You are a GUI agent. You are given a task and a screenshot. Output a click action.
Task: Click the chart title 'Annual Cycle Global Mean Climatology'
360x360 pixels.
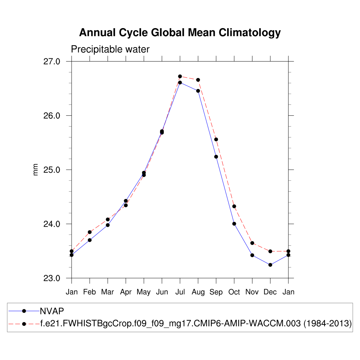coord(180,33)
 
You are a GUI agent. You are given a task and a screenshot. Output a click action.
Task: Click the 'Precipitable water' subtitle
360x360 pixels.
coord(110,50)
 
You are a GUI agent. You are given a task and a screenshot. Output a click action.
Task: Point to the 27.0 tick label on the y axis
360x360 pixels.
coord(52,62)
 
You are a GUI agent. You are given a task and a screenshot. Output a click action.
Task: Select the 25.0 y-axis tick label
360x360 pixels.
coord(52,170)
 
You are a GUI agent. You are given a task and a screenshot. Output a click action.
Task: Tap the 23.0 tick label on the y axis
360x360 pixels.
coord(52,278)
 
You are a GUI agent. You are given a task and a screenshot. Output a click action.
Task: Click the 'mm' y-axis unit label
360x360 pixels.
coord(36,170)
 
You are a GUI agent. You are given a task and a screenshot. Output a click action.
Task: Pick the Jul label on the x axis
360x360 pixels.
coord(180,292)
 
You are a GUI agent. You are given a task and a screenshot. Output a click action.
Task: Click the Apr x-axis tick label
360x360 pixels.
coord(126,292)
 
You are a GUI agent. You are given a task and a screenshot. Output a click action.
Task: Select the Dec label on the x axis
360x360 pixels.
coord(270,292)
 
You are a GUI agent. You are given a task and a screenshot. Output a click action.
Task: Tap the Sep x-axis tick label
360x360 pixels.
coord(216,292)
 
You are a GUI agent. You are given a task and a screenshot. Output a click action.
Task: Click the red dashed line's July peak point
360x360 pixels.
coord(180,76)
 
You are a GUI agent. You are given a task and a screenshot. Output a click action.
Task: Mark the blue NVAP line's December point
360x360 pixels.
coord(270,265)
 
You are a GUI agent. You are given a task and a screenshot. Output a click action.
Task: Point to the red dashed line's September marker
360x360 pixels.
coord(216,140)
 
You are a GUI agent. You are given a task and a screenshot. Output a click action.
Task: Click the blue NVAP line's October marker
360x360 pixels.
coord(234,224)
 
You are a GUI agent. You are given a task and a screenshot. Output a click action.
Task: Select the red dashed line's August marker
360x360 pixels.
coord(198,80)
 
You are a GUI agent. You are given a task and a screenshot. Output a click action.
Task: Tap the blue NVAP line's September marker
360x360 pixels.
coord(216,156)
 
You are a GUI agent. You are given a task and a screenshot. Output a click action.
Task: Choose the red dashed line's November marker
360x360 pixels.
coord(252,243)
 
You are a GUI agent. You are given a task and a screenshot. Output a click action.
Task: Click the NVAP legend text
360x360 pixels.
coord(52,310)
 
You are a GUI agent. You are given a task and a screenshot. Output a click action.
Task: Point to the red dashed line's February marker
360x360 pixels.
coord(90,232)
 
